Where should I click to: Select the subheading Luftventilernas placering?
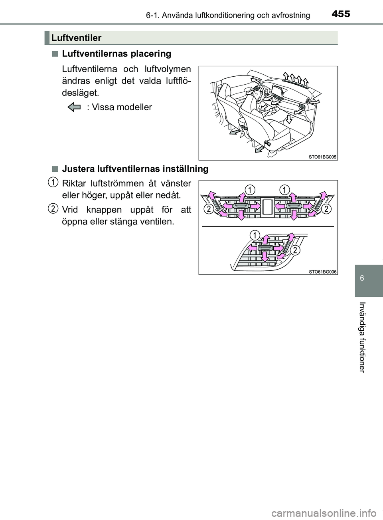coord(116,54)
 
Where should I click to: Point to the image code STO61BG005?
coord(323,157)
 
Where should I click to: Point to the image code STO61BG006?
coord(323,271)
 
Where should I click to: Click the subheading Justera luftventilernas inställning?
coord(135,169)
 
